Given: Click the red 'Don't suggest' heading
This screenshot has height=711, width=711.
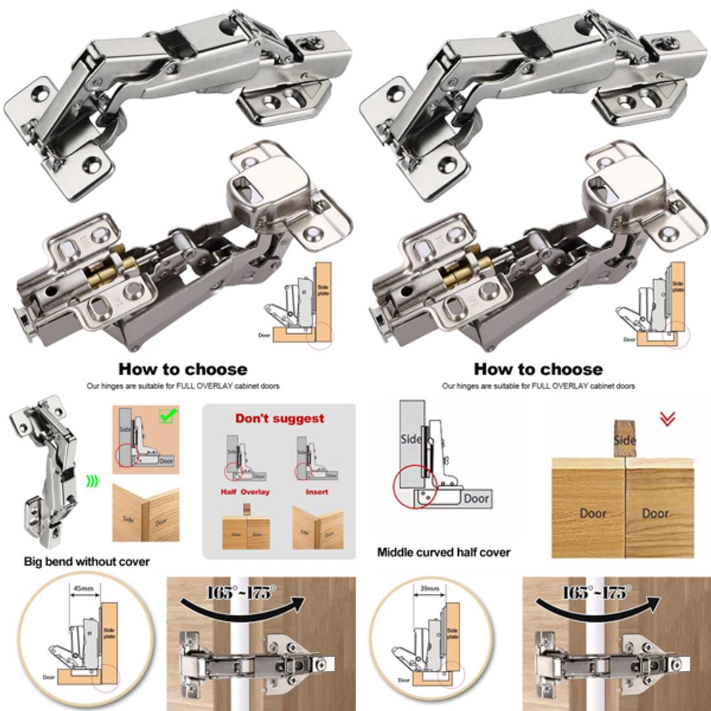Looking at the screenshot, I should pyautogui.click(x=280, y=418).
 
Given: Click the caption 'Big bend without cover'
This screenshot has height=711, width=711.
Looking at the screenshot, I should pyautogui.click(x=86, y=562).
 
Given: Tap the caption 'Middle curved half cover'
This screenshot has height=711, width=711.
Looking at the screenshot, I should pyautogui.click(x=443, y=552).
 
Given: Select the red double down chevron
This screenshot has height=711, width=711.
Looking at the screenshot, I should pyautogui.click(x=667, y=418).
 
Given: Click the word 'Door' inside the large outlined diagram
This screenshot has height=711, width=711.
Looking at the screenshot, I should pyautogui.click(x=475, y=498).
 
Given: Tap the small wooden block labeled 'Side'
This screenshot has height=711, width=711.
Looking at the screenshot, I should pyautogui.click(x=624, y=438).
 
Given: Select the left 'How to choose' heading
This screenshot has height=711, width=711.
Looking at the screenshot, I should pyautogui.click(x=182, y=369).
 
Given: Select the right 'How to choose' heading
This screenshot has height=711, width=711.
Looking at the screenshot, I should pyautogui.click(x=538, y=369).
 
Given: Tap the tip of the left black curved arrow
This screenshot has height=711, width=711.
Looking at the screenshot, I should pyautogui.click(x=304, y=602).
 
